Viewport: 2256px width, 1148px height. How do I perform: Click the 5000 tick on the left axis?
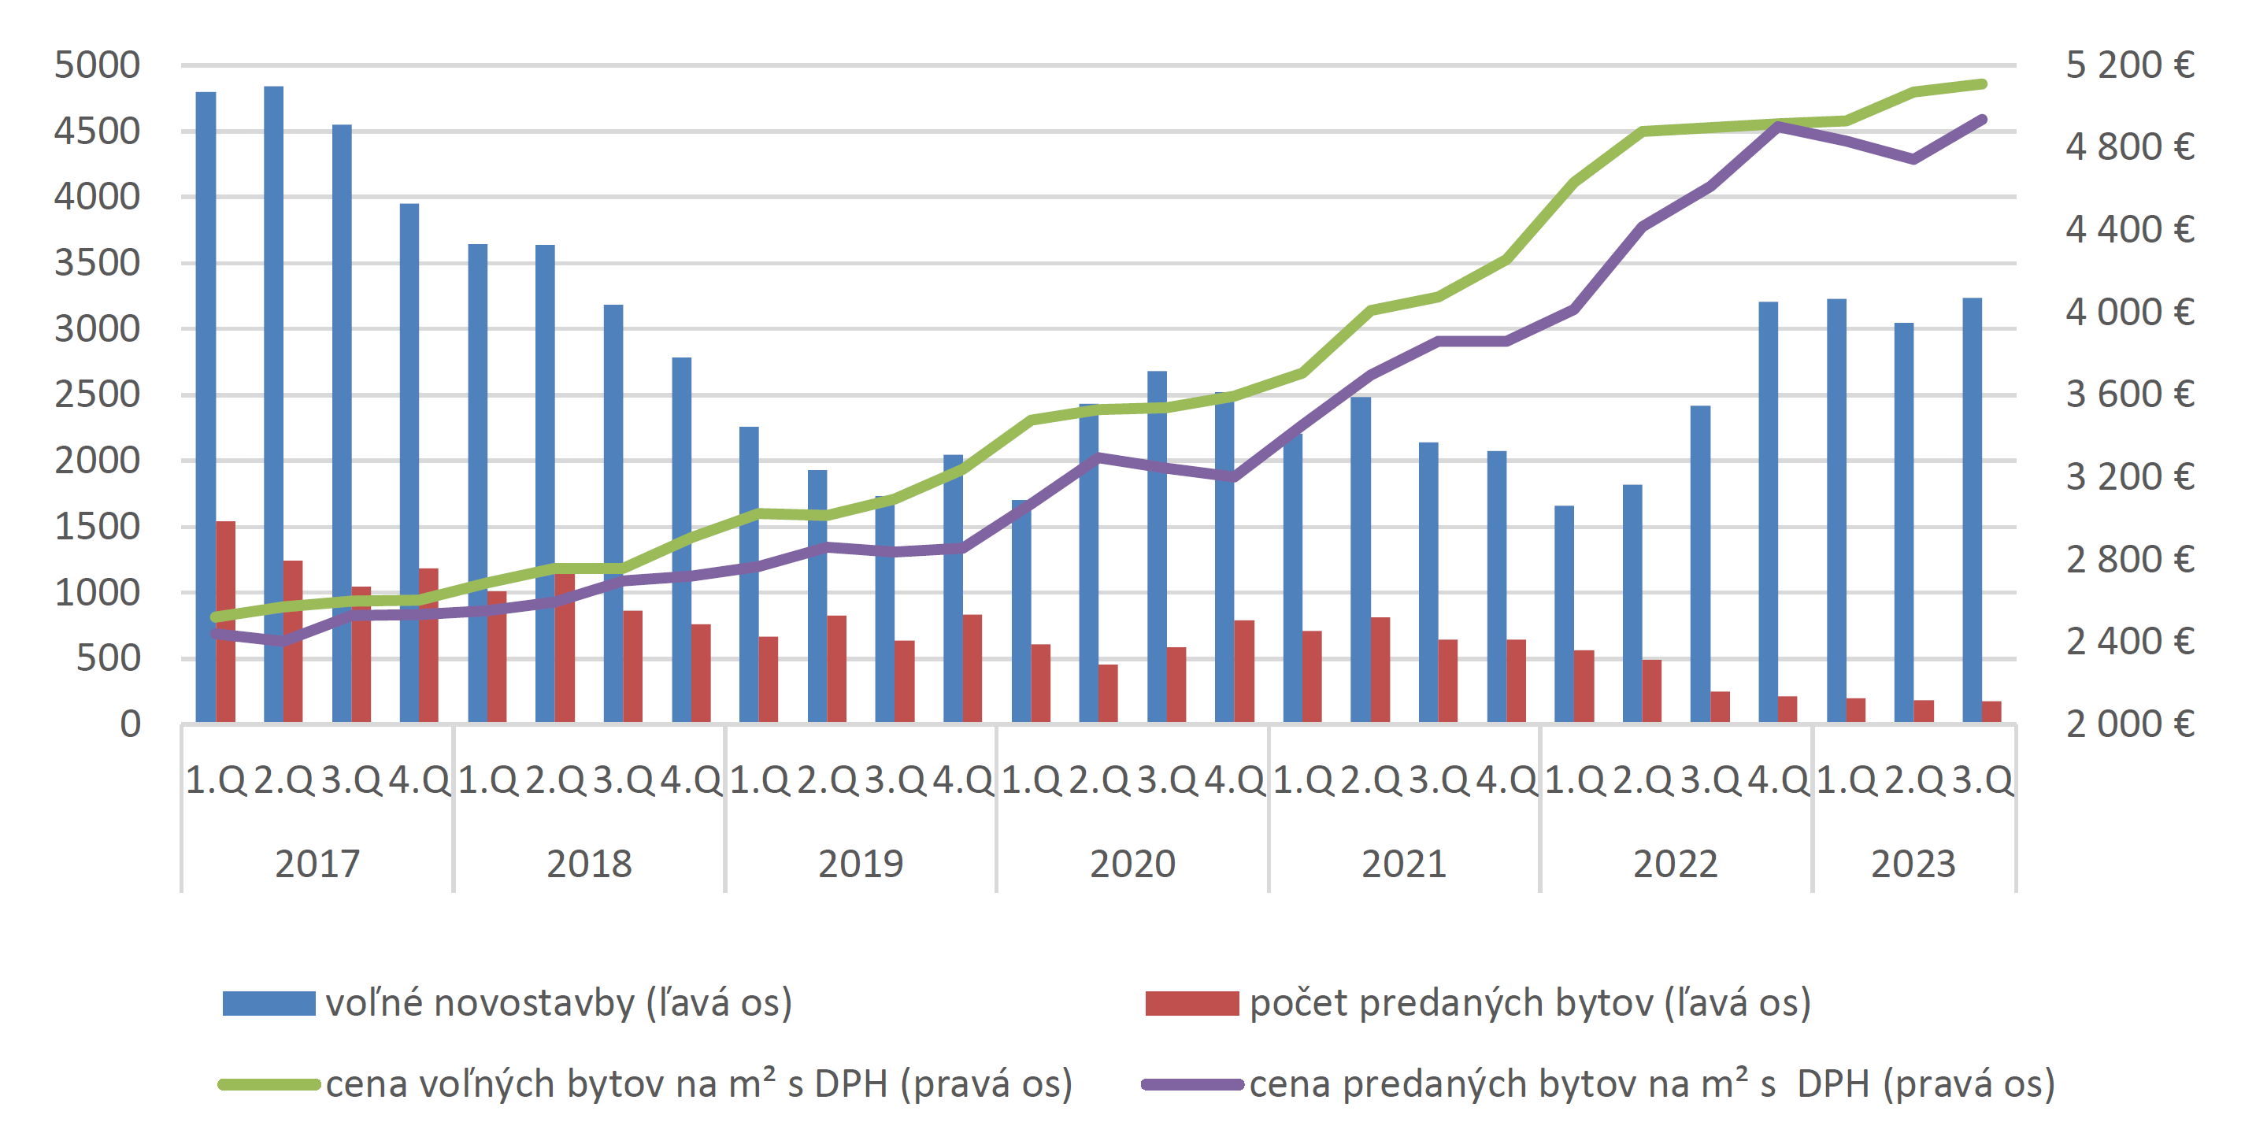96,65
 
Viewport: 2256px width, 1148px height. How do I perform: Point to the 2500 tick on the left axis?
96,395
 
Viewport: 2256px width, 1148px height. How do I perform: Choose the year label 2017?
317,865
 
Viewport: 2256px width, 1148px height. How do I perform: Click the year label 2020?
1132,865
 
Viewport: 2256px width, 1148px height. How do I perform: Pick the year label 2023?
1913,865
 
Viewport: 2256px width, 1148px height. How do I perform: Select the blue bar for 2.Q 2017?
273,403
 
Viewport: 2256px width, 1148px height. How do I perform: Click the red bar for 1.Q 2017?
226,622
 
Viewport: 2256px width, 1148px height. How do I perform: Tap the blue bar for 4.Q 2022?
1769,513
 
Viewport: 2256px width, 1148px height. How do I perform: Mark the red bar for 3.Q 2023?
1991,712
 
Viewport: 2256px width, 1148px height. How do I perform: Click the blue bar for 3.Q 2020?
1157,547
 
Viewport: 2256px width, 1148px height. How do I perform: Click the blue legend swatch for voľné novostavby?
269,1003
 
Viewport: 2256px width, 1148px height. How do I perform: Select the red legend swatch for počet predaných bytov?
1192,1003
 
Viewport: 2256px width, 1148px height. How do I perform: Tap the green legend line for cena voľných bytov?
269,1085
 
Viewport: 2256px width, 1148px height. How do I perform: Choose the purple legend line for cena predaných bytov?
1192,1085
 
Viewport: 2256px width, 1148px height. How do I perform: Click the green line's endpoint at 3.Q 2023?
1983,84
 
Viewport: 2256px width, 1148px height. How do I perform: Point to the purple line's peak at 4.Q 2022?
1778,126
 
